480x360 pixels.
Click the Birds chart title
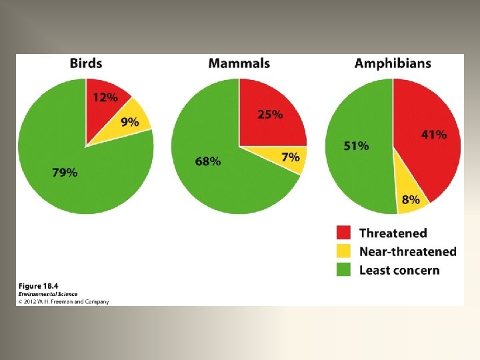(x=86, y=63)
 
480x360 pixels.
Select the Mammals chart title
(x=239, y=63)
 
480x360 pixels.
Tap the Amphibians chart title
(x=393, y=63)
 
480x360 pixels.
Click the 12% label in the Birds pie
(x=105, y=97)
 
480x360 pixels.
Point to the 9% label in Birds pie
(x=130, y=121)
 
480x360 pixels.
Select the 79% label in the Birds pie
(x=65, y=173)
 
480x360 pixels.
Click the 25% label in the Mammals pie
(x=270, y=114)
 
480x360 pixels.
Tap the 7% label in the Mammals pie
(x=291, y=157)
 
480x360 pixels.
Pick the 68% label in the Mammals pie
(x=208, y=161)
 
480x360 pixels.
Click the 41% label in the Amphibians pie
(x=434, y=135)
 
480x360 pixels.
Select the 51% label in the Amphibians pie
(x=356, y=146)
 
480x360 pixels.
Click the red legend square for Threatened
(x=343, y=233)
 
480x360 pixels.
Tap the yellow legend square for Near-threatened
(x=343, y=251)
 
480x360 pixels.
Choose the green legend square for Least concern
(x=343, y=270)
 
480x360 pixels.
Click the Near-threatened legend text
(x=407, y=251)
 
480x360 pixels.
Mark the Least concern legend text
(x=399, y=270)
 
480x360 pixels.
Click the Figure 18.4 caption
(x=38, y=286)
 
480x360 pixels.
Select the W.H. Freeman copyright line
(x=63, y=301)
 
